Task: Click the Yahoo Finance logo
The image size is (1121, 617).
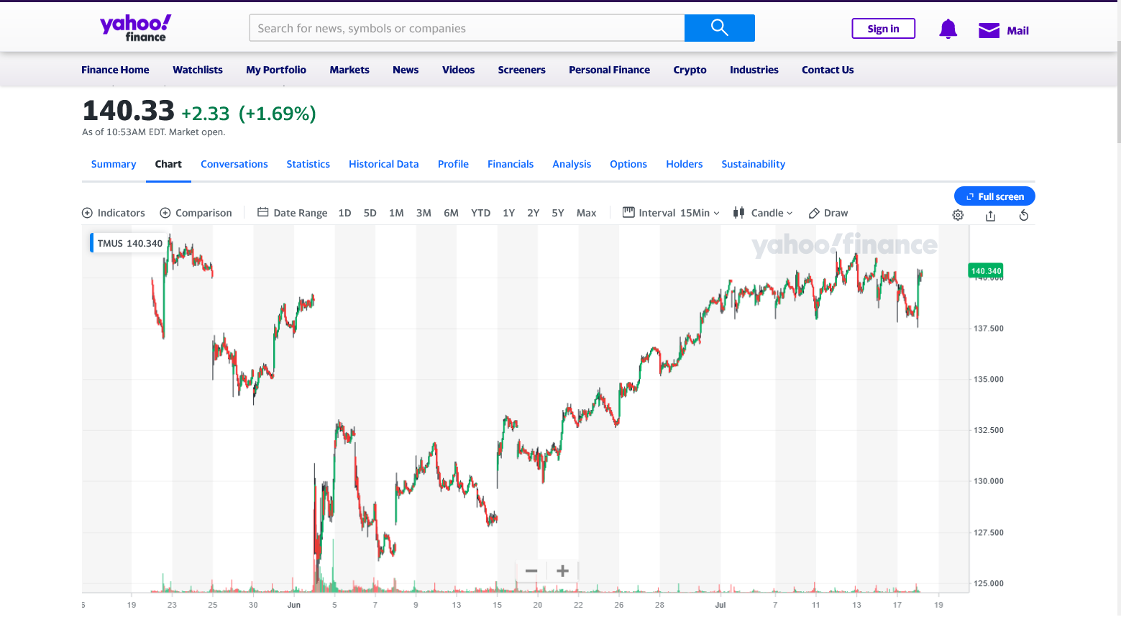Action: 136,28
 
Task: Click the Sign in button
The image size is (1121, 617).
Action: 883,29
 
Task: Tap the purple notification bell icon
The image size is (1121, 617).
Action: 948,29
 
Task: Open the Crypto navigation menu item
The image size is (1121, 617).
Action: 690,70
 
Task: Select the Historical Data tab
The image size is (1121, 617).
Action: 383,164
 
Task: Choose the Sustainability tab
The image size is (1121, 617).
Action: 753,164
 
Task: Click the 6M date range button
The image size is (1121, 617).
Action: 451,213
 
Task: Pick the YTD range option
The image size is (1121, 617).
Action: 480,213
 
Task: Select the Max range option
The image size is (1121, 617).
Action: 586,213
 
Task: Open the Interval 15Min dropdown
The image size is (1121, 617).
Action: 671,213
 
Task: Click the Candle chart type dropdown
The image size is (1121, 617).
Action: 763,213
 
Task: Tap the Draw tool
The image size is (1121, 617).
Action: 828,213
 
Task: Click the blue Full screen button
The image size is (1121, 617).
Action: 994,196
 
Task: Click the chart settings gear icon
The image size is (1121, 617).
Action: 958,215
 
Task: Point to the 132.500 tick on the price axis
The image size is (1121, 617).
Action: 989,430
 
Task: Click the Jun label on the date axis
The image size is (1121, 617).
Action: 293,605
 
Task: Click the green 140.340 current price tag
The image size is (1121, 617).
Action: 985,271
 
